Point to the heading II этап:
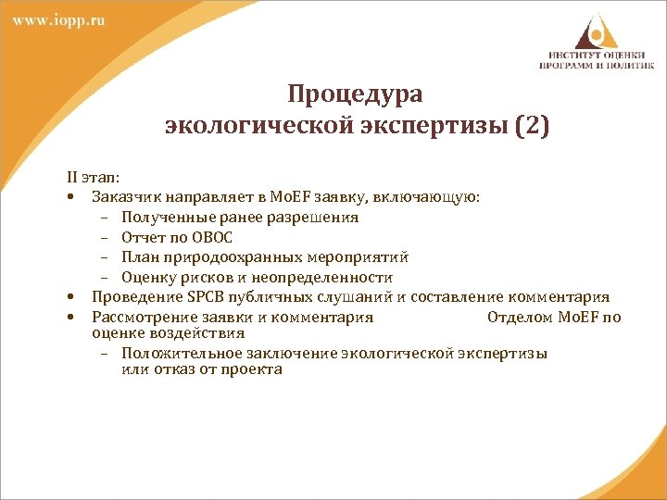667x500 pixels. click(x=92, y=176)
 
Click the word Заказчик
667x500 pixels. click(x=124, y=196)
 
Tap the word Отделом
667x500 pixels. click(x=516, y=317)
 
